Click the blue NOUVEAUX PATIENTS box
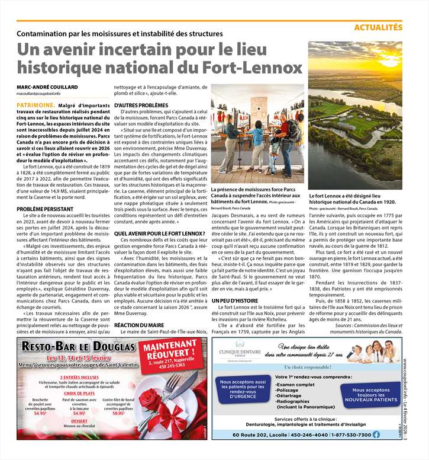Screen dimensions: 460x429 [x=370, y=395]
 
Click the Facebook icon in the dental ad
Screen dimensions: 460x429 [x=376, y=435]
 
